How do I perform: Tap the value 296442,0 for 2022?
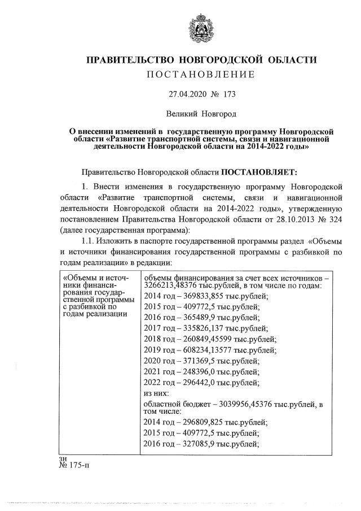pos(195,383)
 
